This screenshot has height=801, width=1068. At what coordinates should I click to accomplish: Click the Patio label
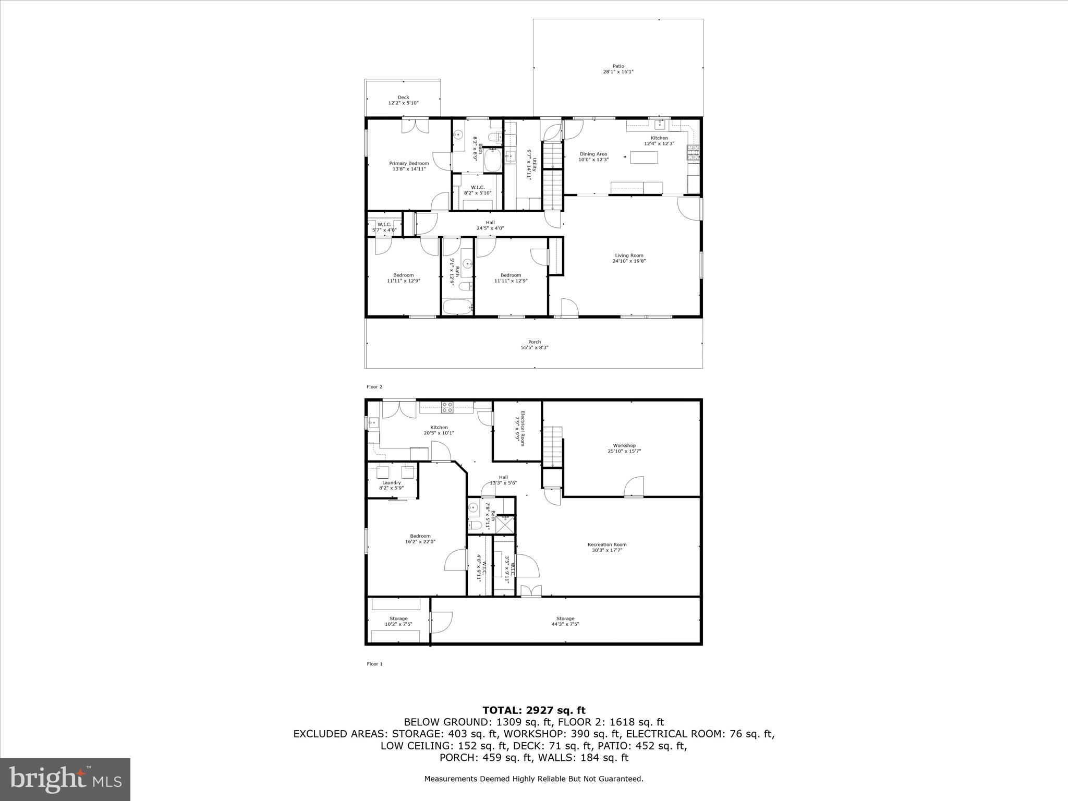(618, 66)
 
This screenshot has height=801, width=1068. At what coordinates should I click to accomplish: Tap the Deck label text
(403, 98)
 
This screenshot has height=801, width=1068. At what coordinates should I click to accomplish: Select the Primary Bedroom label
(409, 163)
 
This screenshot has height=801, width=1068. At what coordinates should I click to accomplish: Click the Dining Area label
(593, 154)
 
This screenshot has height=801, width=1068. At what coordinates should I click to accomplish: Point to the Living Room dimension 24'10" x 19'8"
(629, 261)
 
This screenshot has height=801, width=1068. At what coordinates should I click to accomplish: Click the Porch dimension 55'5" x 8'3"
(535, 348)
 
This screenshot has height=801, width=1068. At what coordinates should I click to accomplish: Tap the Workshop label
(624, 445)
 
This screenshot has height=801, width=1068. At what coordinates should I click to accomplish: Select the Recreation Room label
(607, 544)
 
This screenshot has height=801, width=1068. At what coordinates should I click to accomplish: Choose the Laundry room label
(392, 482)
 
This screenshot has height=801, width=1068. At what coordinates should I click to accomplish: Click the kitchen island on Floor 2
(645, 157)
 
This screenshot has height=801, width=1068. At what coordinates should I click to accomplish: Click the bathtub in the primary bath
(492, 160)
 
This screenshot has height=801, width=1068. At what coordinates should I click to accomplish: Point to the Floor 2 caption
(374, 387)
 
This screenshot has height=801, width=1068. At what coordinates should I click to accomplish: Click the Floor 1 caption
(374, 664)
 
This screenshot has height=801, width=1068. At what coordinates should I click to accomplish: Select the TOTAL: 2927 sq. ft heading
(534, 710)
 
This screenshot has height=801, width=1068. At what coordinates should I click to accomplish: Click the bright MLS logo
(65, 780)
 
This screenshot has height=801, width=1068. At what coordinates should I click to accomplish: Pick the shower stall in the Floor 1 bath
(505, 524)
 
